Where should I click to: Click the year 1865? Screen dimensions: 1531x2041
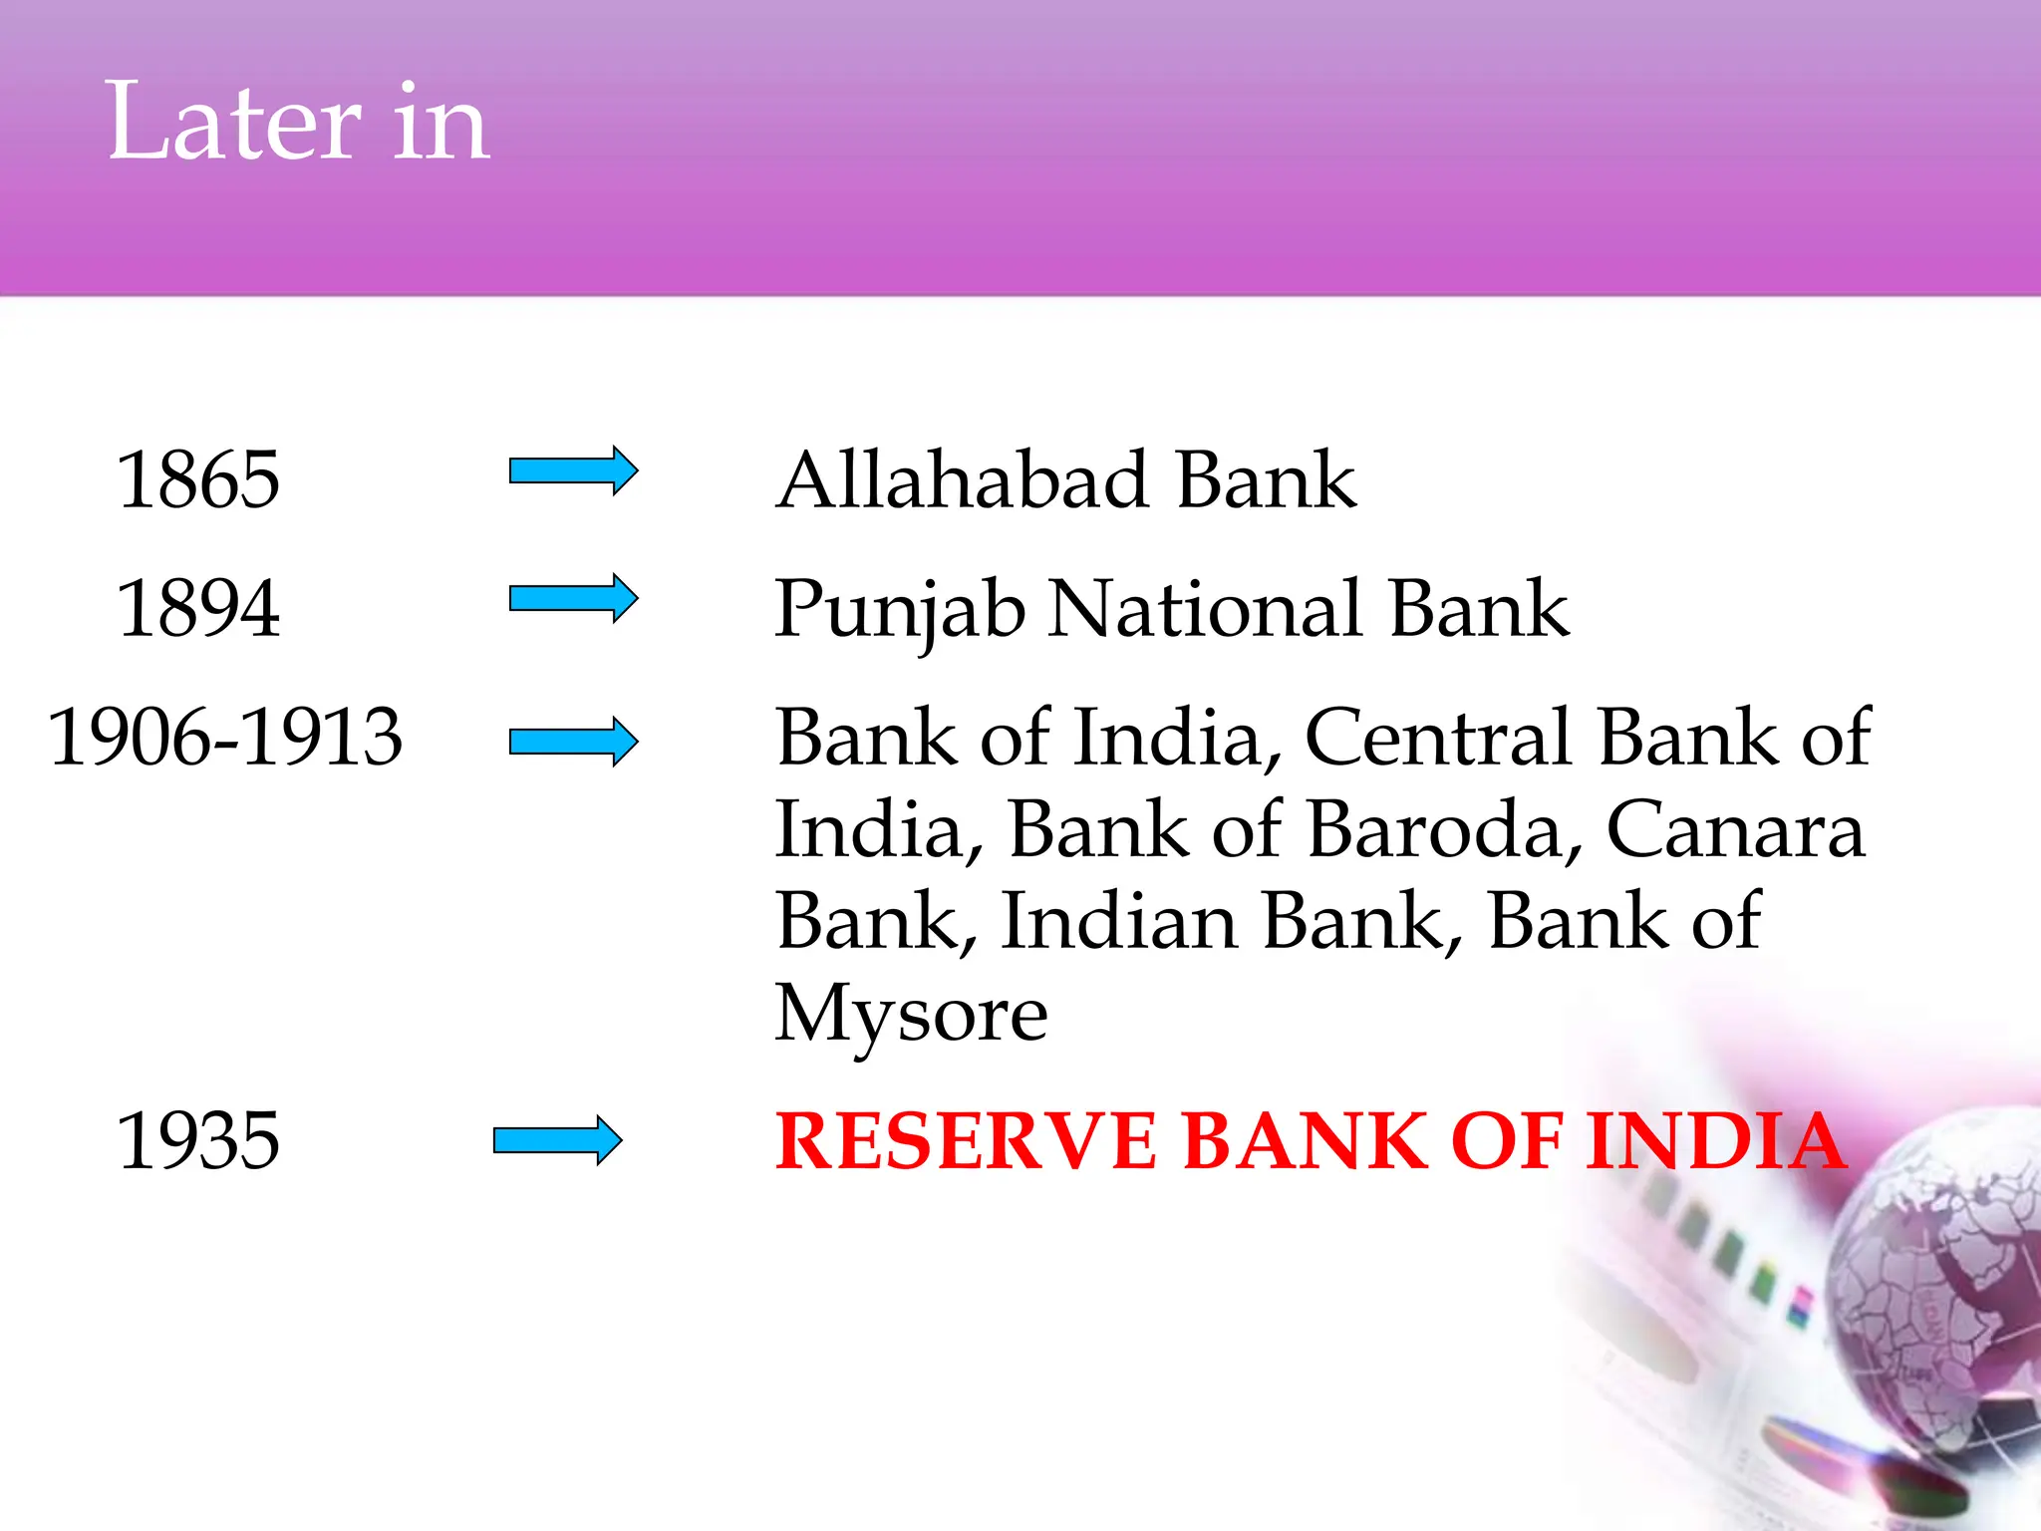[x=197, y=480]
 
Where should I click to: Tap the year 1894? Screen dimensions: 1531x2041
[x=197, y=608]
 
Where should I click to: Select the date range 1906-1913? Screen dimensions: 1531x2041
[x=225, y=738]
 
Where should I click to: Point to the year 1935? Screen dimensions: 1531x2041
[x=197, y=1141]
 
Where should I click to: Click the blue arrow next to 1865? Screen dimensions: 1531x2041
[x=573, y=470]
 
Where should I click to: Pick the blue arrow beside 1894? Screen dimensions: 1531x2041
[x=573, y=598]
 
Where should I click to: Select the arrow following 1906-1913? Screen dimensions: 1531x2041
[x=573, y=741]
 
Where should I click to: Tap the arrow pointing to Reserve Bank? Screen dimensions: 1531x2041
[x=557, y=1140]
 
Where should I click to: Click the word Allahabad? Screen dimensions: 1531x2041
[x=963, y=480]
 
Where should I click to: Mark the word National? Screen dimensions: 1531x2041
[x=1206, y=608]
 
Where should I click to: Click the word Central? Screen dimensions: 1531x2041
[x=1438, y=738]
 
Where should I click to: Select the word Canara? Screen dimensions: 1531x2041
[x=1735, y=829]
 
